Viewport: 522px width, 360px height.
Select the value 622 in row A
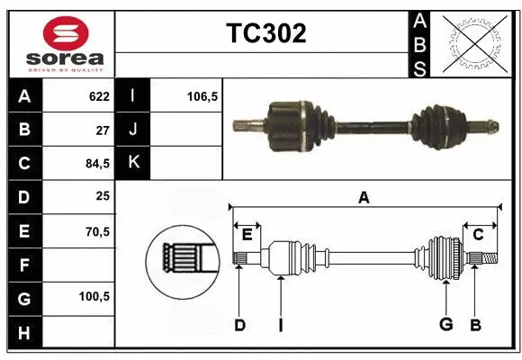pyautogui.click(x=98, y=96)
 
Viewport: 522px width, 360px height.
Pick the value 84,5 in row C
pyautogui.click(x=95, y=164)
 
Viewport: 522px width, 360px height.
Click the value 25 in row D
pyautogui.click(x=103, y=197)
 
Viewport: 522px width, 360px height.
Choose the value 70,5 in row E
pyautogui.click(x=95, y=231)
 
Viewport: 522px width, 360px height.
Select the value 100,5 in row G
pyautogui.click(x=94, y=297)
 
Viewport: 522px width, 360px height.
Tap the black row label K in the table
pyautogui.click(x=133, y=163)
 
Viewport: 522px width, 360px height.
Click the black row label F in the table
pyautogui.click(x=23, y=265)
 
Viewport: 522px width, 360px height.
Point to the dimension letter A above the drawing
pyautogui.click(x=364, y=197)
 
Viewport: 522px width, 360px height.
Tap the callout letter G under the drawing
pyautogui.click(x=445, y=325)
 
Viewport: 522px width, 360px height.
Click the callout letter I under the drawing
pyautogui.click(x=280, y=325)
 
